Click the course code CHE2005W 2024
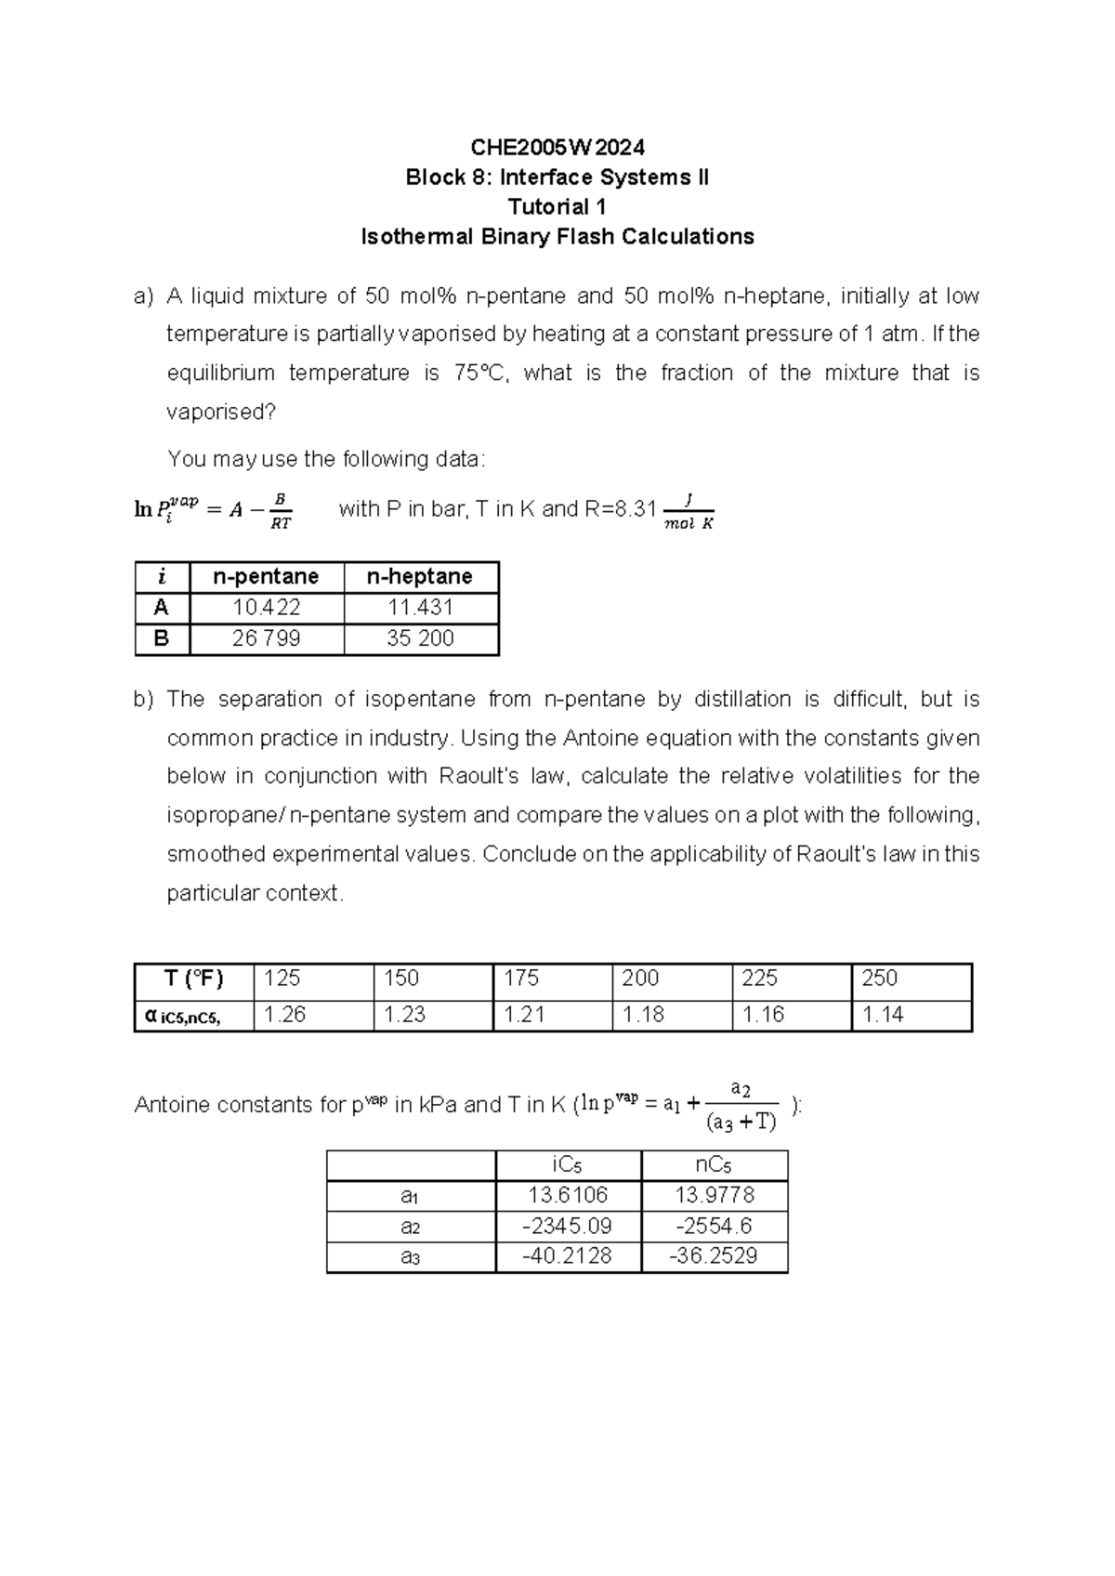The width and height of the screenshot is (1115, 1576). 557,147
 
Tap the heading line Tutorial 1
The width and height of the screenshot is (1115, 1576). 557,206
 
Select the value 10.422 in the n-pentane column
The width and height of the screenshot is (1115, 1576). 267,608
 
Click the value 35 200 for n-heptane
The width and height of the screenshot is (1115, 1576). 420,638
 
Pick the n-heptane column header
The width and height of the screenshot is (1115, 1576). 420,577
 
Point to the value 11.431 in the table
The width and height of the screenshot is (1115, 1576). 420,608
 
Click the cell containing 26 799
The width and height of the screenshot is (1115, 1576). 267,638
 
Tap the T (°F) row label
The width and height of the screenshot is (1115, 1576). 193,978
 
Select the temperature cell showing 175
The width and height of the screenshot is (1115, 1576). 522,978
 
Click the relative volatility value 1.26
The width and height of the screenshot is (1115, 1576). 284,1015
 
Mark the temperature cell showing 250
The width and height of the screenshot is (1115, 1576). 879,978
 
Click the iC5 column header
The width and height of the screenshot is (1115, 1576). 567,1165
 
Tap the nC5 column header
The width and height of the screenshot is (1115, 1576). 714,1165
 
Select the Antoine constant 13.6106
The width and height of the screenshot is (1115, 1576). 567,1195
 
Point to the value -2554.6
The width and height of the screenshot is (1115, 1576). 714,1226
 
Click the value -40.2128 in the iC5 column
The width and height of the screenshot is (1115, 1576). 567,1256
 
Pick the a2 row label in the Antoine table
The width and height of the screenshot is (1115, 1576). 410,1227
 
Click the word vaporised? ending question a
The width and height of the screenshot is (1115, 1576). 221,412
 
